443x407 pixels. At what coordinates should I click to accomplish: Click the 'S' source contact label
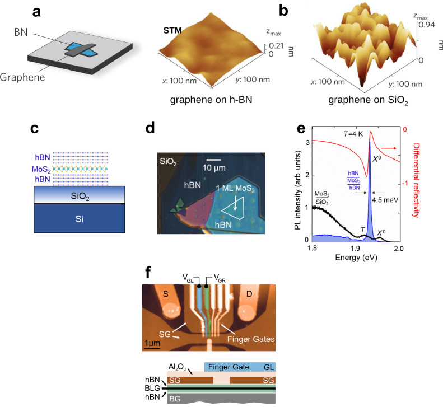point(166,294)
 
